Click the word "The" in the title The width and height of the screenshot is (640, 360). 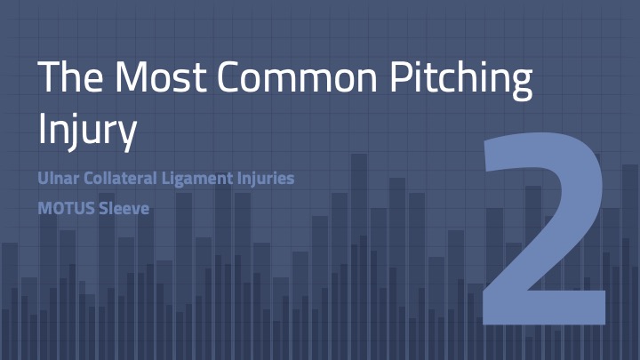[x=70, y=76]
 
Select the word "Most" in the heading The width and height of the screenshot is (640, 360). [x=160, y=76]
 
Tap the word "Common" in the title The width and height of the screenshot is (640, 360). [x=297, y=76]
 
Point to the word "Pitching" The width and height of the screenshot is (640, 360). [x=461, y=80]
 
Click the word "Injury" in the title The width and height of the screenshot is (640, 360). [x=87, y=130]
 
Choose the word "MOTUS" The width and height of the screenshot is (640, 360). [x=66, y=209]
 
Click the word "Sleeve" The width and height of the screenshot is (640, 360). [x=124, y=209]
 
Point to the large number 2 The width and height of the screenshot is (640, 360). [x=544, y=228]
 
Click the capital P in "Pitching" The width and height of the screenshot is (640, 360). [x=401, y=76]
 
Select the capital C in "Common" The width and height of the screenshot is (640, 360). [x=230, y=76]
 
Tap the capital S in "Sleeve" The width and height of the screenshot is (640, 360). [x=105, y=209]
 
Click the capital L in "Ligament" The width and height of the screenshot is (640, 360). [x=166, y=179]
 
